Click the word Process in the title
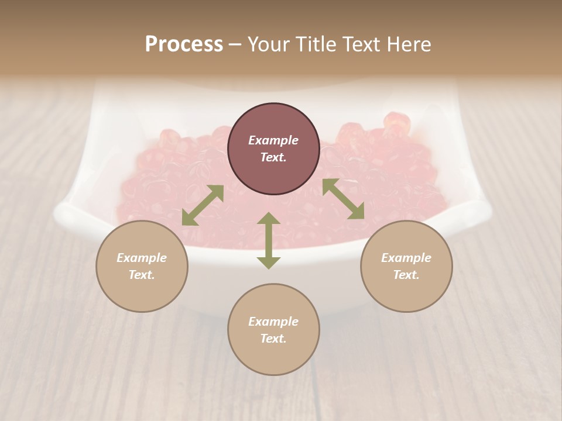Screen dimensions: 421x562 (x=184, y=44)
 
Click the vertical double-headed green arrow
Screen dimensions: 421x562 (x=269, y=240)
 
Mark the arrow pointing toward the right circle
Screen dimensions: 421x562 (x=343, y=199)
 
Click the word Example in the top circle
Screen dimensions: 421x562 (x=273, y=140)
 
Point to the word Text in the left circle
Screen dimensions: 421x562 (x=142, y=275)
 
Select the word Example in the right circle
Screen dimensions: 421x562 (x=406, y=258)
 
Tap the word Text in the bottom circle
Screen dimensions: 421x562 (x=273, y=339)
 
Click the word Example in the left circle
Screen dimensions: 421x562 (x=142, y=258)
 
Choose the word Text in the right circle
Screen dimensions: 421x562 (x=406, y=275)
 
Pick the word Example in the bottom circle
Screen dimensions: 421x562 (x=273, y=322)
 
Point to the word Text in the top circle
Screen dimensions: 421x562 (x=273, y=157)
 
